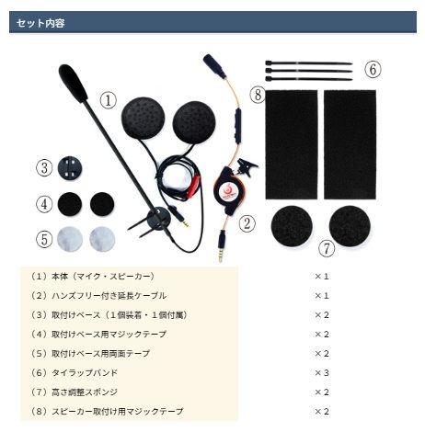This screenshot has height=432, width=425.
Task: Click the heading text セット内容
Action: (x=40, y=23)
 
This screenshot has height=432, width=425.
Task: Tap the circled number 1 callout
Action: (x=109, y=100)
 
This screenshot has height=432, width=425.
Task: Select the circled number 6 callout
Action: (x=373, y=69)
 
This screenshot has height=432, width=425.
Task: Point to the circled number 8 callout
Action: (x=258, y=95)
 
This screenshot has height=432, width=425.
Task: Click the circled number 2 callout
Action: (x=247, y=223)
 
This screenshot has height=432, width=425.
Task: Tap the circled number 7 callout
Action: (x=327, y=248)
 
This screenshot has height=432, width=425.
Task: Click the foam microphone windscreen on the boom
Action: (x=73, y=83)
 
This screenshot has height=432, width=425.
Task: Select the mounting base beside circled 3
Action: (x=70, y=168)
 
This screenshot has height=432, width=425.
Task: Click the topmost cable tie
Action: (x=308, y=63)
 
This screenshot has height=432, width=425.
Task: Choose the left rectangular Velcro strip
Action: (x=292, y=144)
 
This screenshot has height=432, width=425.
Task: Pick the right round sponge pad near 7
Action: (x=350, y=226)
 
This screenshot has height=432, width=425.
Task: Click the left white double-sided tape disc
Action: (x=70, y=239)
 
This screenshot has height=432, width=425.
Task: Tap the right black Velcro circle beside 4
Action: (x=102, y=204)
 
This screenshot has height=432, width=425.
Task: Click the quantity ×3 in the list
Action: (x=322, y=373)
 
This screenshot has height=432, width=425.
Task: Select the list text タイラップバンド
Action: (x=85, y=373)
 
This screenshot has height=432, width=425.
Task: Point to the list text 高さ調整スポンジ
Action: (x=85, y=392)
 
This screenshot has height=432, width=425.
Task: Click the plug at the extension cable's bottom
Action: (x=221, y=247)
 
